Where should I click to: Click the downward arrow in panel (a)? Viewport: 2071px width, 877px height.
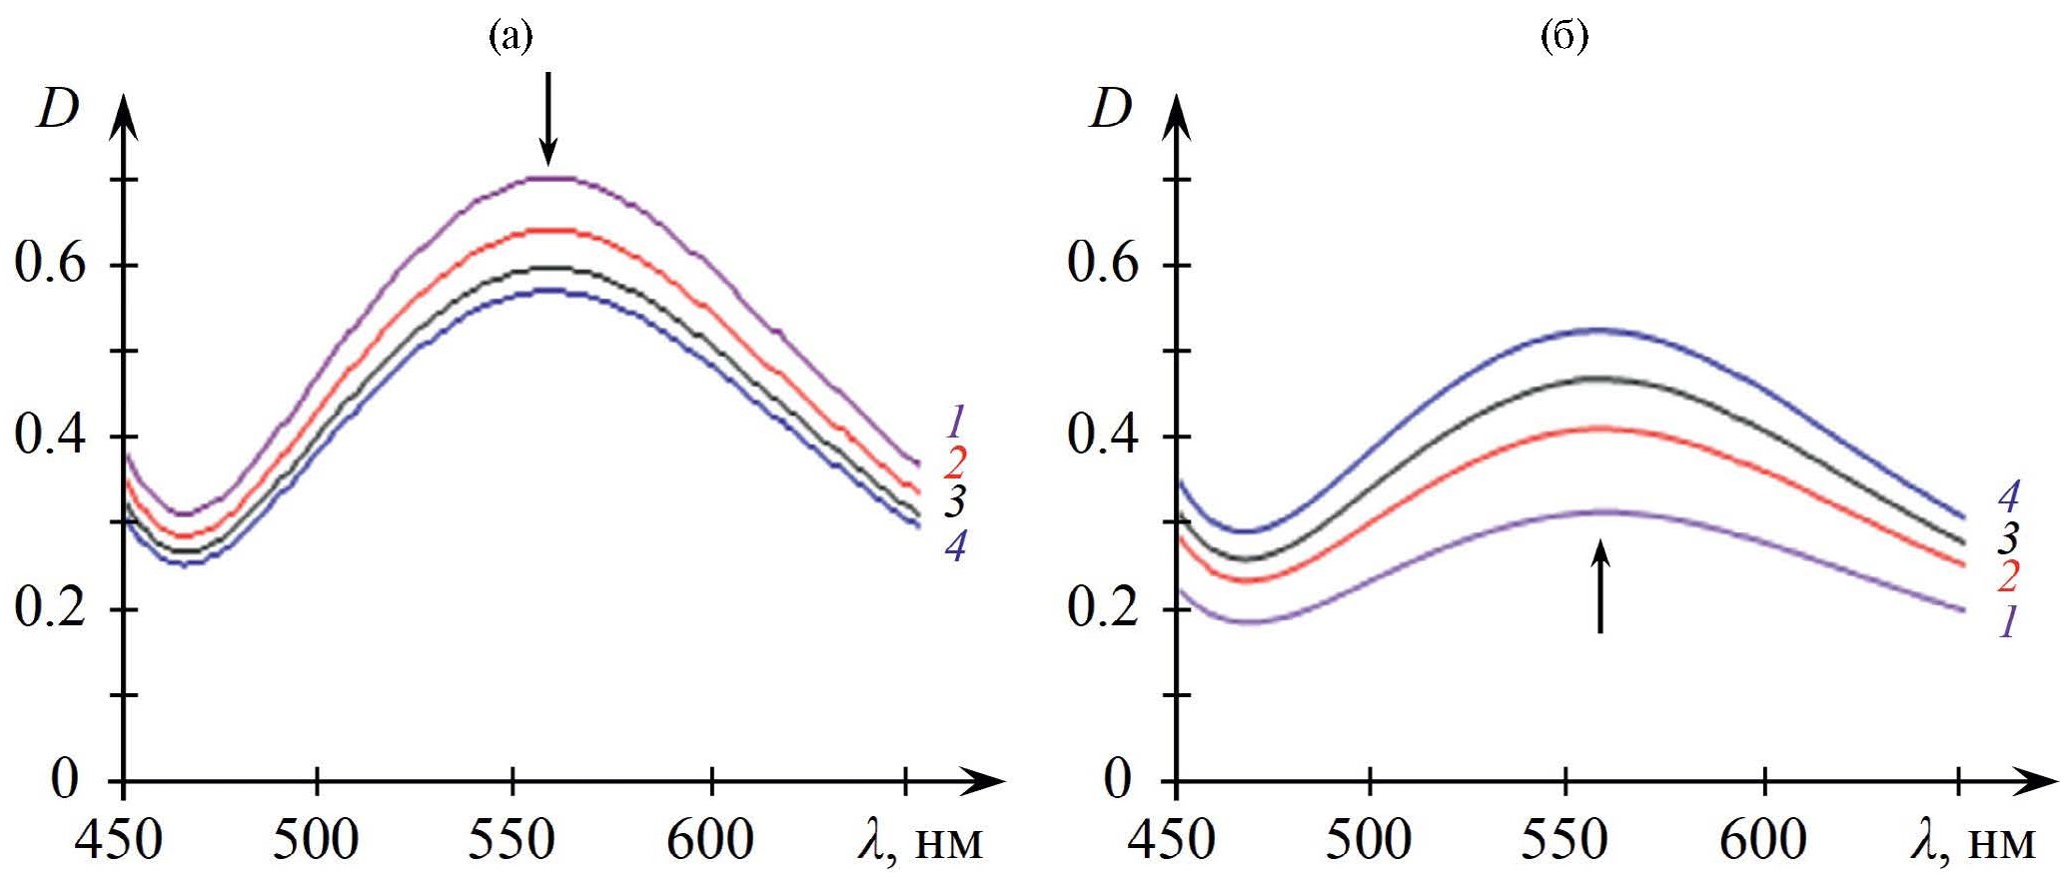pyautogui.click(x=546, y=118)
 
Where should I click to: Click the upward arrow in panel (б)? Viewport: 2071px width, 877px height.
pyautogui.click(x=1600, y=586)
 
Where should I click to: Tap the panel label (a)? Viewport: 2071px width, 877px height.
pyautogui.click(x=510, y=37)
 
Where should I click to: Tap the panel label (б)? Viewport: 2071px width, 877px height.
pyautogui.click(x=1564, y=37)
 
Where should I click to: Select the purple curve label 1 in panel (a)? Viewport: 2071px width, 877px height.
pyautogui.click(x=956, y=422)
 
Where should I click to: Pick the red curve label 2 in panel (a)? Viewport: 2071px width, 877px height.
pyautogui.click(x=956, y=462)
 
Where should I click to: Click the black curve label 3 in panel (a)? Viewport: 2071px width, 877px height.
pyautogui.click(x=956, y=501)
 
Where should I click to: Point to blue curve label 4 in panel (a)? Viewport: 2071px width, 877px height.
pyautogui.click(x=956, y=545)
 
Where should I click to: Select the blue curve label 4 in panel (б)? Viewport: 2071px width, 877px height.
pyautogui.click(x=2008, y=496)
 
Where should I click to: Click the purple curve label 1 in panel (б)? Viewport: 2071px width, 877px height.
pyautogui.click(x=2008, y=621)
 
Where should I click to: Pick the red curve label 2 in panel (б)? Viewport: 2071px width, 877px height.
pyautogui.click(x=2008, y=576)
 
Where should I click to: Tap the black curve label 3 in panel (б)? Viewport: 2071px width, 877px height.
pyautogui.click(x=2008, y=538)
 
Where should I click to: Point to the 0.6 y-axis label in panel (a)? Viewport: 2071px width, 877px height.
pyautogui.click(x=50, y=264)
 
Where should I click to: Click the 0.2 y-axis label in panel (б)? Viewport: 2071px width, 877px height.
pyautogui.click(x=1103, y=607)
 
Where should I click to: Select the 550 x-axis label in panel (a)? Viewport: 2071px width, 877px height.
pyautogui.click(x=512, y=840)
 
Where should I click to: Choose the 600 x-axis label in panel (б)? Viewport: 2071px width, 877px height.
pyautogui.click(x=1763, y=840)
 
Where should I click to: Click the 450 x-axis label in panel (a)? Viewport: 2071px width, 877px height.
pyautogui.click(x=119, y=840)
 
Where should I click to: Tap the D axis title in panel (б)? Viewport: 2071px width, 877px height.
pyautogui.click(x=1111, y=108)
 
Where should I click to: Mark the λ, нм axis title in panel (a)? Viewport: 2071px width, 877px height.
pyautogui.click(x=920, y=840)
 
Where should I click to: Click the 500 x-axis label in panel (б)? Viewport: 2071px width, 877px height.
pyautogui.click(x=1369, y=840)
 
